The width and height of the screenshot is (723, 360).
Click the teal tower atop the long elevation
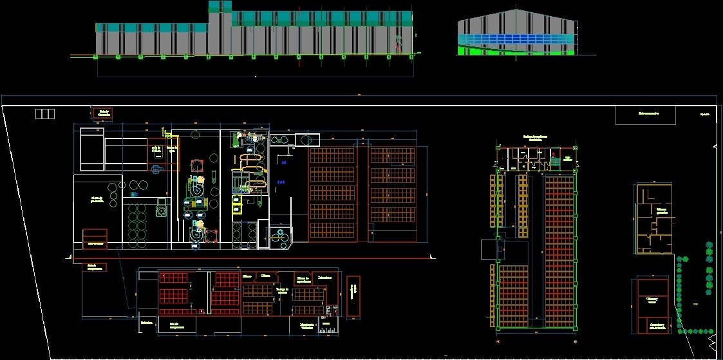click(x=220, y=7)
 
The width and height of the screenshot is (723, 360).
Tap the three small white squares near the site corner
click(x=45, y=114)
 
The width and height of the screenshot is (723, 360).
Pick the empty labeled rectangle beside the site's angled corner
click(x=645, y=115)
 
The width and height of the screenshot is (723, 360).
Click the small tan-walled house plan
click(x=653, y=219)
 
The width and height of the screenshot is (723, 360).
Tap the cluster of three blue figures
click(x=281, y=182)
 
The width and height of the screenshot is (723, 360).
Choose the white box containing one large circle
click(x=308, y=139)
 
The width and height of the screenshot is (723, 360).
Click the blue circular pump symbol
click(x=135, y=194)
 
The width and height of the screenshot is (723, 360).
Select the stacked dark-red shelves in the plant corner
click(x=95, y=238)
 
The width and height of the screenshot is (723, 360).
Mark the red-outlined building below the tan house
click(x=652, y=305)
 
